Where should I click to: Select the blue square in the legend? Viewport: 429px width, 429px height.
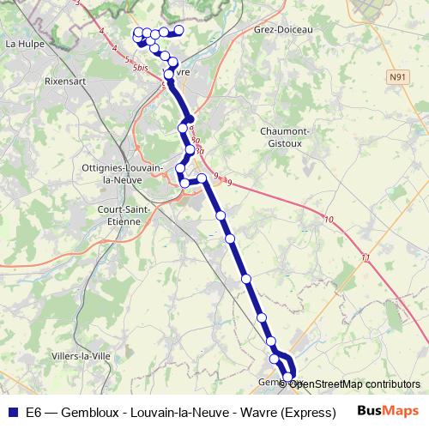pos(12,411)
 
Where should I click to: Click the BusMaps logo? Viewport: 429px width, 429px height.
pos(388,410)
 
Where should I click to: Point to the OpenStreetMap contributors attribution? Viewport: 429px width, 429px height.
pos(354,384)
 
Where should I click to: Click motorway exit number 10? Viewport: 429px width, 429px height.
pos(329,221)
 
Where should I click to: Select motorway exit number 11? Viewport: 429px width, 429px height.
pos(366,258)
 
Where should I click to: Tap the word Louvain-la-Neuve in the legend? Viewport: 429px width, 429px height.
pos(166,412)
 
